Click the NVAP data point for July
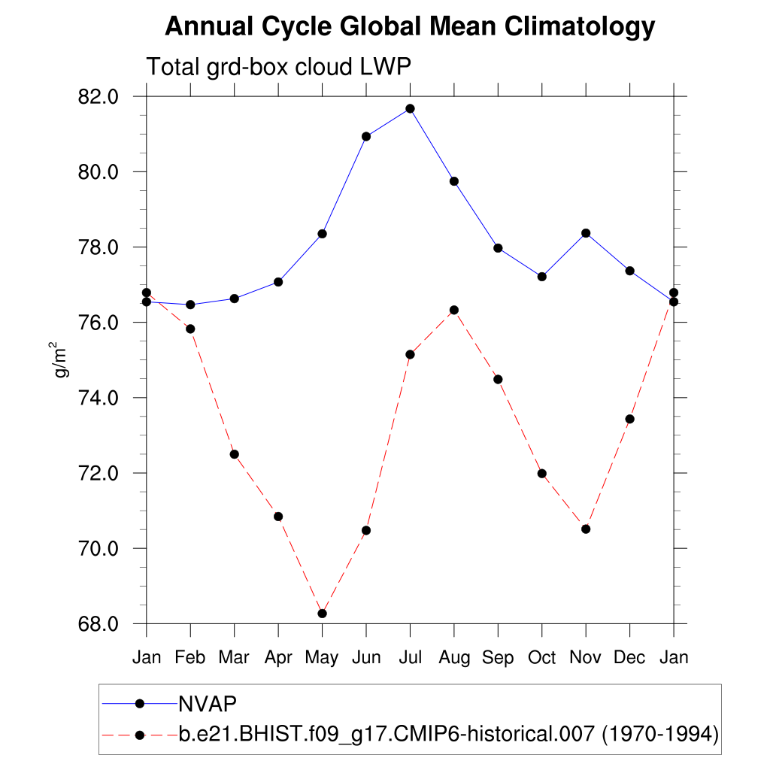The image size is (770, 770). (x=410, y=108)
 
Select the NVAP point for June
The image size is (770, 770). (x=366, y=136)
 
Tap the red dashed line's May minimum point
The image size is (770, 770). (x=322, y=614)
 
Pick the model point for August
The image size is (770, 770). (x=454, y=310)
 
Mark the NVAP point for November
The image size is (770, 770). (x=586, y=233)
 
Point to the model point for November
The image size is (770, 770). (x=586, y=529)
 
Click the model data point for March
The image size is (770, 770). (x=234, y=454)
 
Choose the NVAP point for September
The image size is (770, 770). (x=498, y=248)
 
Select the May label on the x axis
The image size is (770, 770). (x=322, y=658)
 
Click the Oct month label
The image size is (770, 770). (x=541, y=658)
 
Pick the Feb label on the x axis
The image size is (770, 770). (x=190, y=658)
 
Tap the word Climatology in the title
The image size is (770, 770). (x=578, y=27)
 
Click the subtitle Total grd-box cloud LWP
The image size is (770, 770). (x=278, y=66)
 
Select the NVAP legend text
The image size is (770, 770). (x=208, y=704)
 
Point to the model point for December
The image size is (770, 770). (x=629, y=419)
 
